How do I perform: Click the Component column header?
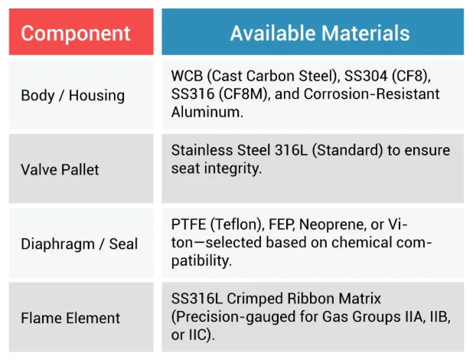click(75, 33)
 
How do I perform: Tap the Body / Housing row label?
click(73, 96)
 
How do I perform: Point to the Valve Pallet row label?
click(60, 169)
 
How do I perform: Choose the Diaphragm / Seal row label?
click(80, 244)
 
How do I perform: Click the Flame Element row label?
click(70, 317)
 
